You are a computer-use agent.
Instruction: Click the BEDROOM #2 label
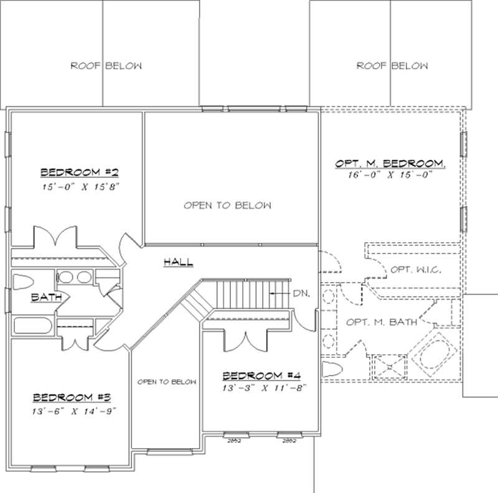point(75,172)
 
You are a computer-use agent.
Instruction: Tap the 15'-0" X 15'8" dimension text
point(75,185)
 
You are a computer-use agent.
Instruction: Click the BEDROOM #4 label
point(261,375)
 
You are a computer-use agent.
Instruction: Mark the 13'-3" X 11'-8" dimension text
point(261,387)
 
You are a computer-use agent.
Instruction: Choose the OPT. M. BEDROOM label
point(390,163)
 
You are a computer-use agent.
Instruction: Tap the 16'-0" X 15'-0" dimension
point(390,176)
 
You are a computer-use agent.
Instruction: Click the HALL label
point(178,262)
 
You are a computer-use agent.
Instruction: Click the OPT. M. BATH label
point(381,322)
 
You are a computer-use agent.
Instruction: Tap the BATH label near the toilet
point(46,298)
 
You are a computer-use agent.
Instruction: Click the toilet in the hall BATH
point(24,281)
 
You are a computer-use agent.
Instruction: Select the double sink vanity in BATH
point(74,278)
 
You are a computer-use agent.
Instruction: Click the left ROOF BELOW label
point(106,66)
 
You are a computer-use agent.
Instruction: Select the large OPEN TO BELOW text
point(227,205)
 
